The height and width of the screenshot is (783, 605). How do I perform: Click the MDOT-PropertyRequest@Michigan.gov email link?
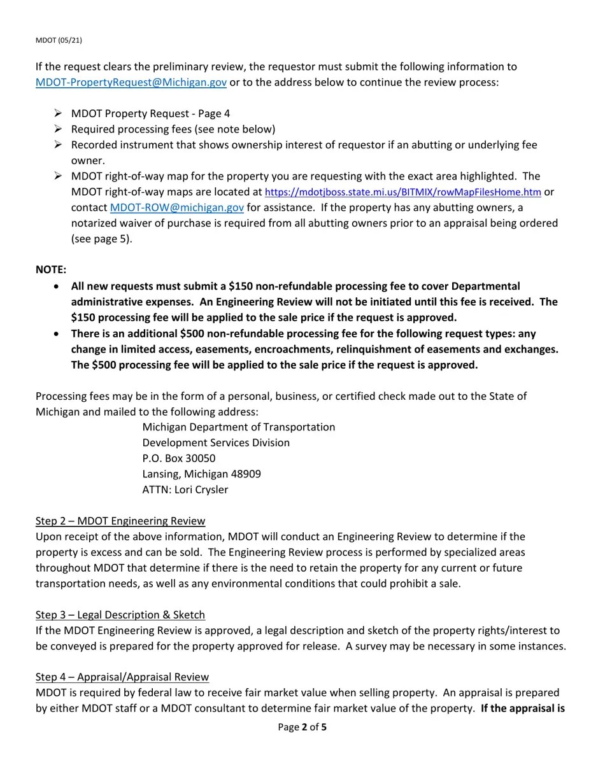(131, 82)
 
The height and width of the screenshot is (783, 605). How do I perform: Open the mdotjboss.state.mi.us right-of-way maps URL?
(402, 192)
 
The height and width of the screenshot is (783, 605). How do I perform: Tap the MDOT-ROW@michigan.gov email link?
(176, 208)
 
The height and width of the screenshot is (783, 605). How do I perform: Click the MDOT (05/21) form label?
(59, 40)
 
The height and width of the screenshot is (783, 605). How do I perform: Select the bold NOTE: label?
(51, 270)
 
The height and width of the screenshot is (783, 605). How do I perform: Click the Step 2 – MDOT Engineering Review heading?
(120, 521)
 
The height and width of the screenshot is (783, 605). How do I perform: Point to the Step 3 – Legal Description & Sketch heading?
(120, 615)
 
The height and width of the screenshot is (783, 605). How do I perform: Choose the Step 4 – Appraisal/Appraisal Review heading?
(122, 677)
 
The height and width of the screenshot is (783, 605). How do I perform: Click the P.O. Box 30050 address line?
(178, 458)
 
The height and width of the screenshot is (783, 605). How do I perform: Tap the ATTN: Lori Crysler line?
(185, 490)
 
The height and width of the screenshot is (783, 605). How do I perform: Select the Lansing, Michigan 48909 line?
(201, 474)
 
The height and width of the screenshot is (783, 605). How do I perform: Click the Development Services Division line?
(216, 443)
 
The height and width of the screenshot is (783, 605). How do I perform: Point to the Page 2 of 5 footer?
(302, 727)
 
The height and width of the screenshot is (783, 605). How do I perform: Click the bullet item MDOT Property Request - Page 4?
(150, 114)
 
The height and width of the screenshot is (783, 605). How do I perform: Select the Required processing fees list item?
(173, 129)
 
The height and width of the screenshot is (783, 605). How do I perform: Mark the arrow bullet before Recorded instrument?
(58, 145)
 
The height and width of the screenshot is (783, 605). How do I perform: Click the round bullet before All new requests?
(58, 286)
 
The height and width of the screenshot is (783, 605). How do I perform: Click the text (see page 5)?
(102, 239)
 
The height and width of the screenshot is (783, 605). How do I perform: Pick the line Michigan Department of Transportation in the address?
(238, 427)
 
